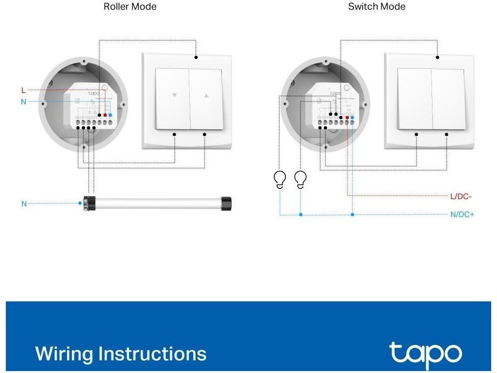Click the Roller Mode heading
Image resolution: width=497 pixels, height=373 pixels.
coord(130,7)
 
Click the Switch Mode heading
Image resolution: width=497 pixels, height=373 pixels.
coord(377,7)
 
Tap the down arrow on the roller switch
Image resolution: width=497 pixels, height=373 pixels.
coord(174,96)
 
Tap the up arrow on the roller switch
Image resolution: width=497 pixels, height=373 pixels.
coord(206,96)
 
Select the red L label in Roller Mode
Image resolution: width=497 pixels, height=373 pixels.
coord(23,90)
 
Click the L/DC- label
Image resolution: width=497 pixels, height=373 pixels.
coord(462,196)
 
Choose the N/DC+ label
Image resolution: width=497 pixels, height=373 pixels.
coord(462,214)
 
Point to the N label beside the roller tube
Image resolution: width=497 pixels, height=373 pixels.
coord(24,204)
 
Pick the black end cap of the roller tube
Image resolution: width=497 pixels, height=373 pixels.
coord(226,203)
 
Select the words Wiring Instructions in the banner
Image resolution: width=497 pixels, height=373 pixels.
coord(121,354)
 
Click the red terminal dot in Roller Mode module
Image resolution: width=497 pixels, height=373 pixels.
coord(105,116)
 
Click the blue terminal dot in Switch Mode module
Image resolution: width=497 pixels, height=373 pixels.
coord(352,118)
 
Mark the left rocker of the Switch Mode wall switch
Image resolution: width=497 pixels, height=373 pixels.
coord(414,100)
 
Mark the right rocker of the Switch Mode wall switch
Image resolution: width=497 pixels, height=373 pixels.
coord(448,100)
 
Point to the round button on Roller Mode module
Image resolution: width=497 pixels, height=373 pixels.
coord(104,88)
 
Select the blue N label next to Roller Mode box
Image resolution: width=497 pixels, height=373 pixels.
coord(23,102)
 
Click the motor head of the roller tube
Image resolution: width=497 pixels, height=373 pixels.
coord(89,203)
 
